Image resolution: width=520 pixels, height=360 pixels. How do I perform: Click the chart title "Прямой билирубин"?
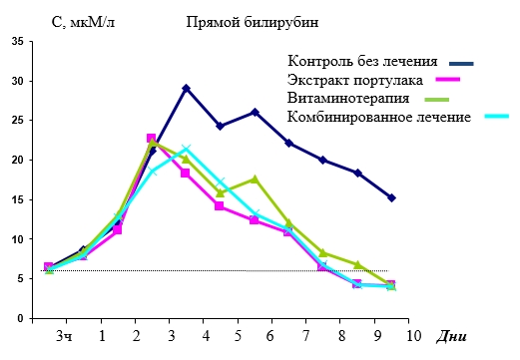point(252,23)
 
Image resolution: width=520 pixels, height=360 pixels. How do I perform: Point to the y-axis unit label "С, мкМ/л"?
point(83,23)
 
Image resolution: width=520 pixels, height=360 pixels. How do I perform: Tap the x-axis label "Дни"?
point(451,336)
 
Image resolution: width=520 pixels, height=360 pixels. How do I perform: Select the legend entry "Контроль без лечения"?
point(362,61)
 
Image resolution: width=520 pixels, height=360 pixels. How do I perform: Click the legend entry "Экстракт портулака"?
point(355,80)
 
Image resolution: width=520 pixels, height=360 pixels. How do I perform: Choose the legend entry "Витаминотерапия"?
point(348,99)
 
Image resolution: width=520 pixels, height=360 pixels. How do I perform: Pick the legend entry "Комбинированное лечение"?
point(379,117)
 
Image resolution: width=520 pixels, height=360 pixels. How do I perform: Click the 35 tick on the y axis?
point(18,42)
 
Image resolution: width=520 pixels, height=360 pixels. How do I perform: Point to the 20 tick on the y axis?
point(18,160)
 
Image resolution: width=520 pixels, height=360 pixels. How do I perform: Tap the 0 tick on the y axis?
point(21,318)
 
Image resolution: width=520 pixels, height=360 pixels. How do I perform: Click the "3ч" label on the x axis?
point(65,336)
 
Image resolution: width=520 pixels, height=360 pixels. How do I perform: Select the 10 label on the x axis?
point(413,336)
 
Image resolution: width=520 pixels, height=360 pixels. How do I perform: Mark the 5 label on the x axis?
point(238,336)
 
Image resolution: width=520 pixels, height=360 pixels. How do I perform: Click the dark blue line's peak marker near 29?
point(187,89)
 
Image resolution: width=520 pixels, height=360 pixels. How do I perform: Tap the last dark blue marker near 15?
point(391,198)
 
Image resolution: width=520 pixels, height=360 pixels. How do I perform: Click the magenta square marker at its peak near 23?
point(152,139)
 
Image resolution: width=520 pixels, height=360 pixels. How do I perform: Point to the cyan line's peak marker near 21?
point(187,148)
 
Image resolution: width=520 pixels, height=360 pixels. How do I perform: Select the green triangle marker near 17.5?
point(255,180)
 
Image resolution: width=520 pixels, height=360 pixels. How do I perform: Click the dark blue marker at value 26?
point(255,113)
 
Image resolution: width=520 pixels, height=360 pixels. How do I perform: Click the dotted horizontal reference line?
point(215,271)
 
